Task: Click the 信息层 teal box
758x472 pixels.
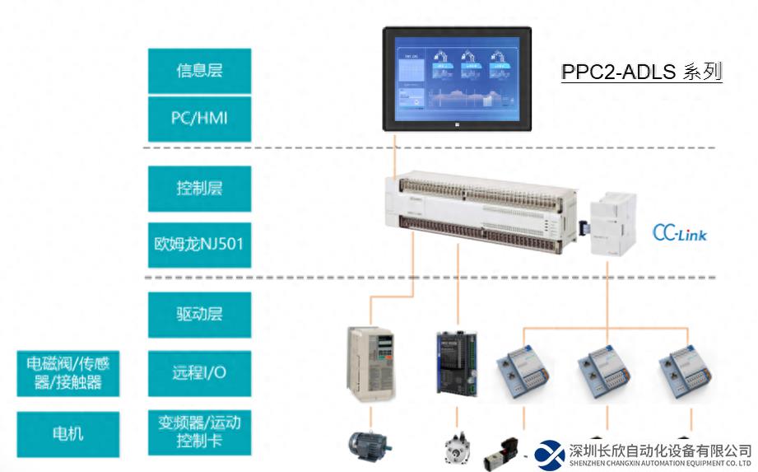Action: [199, 71]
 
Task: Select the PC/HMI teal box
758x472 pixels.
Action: [199, 118]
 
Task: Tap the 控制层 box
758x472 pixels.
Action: [199, 189]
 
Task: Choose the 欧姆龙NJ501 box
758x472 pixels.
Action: [199, 244]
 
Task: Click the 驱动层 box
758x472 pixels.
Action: [199, 315]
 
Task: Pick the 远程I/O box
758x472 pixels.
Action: [199, 372]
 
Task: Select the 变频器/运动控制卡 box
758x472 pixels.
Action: [199, 432]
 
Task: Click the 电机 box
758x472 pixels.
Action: [68, 434]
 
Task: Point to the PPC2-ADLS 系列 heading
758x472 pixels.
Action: [641, 72]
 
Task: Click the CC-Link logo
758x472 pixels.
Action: [679, 234]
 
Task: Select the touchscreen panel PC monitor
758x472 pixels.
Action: [458, 78]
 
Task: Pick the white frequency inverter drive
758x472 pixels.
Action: [370, 362]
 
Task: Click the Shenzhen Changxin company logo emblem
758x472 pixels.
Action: [549, 454]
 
